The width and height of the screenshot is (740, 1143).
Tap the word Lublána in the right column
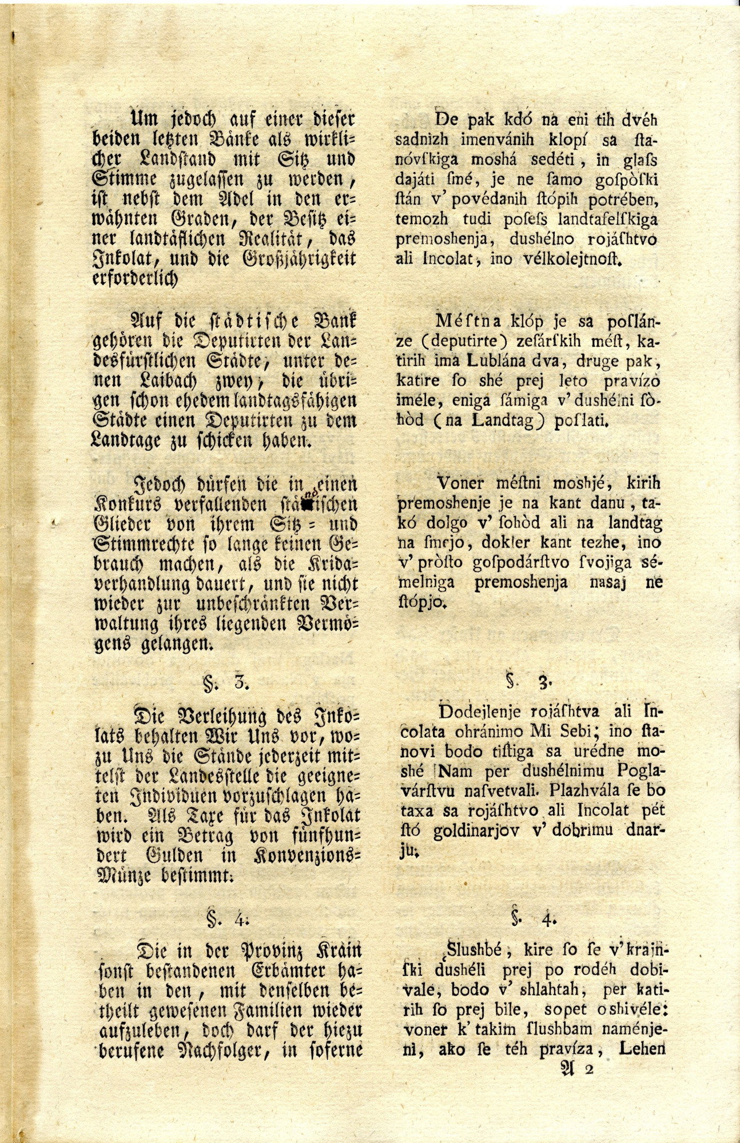click(x=495, y=361)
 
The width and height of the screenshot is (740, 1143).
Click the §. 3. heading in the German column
click(x=224, y=682)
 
